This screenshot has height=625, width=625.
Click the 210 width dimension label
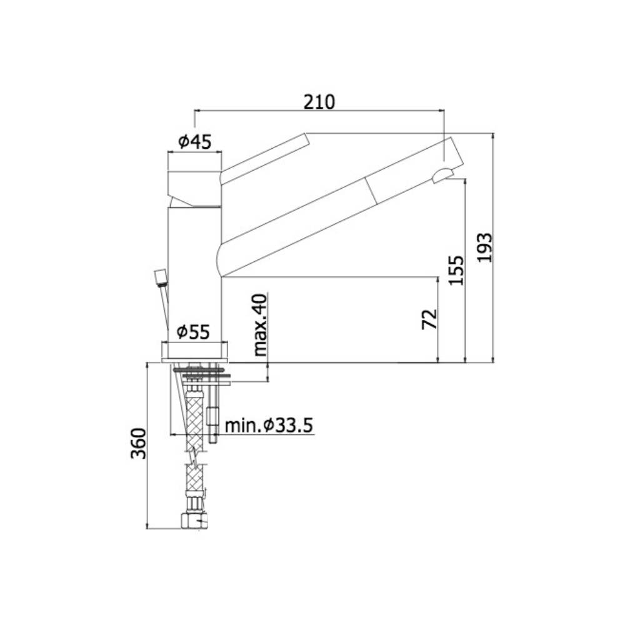click(319, 101)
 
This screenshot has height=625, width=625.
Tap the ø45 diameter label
click(194, 142)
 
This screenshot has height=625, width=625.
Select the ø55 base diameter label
click(192, 332)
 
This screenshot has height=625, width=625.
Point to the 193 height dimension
click(485, 247)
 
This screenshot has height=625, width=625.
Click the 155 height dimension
click(457, 270)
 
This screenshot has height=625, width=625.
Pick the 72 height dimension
click(429, 319)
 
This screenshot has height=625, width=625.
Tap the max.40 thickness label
click(261, 325)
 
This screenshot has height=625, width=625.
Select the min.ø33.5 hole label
click(269, 426)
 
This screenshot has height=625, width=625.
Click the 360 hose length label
click(138, 444)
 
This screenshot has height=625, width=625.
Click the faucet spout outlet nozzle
click(442, 175)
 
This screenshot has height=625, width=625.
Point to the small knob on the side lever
click(161, 276)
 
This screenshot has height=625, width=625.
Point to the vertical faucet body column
click(194, 269)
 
